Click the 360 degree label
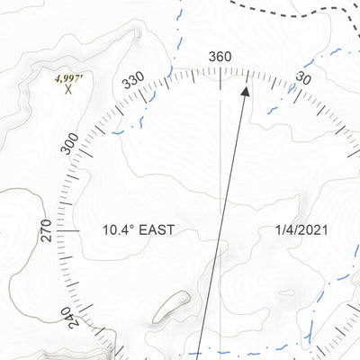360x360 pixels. pos(220,57)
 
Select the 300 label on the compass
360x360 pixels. pos(71,145)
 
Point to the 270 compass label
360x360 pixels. pos(48,230)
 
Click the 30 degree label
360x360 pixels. pos(303,80)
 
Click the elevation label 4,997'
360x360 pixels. pos(68,78)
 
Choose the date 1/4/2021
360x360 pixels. pos(302,230)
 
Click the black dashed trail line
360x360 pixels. pos(297,12)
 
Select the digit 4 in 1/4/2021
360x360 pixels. pos(290,230)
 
